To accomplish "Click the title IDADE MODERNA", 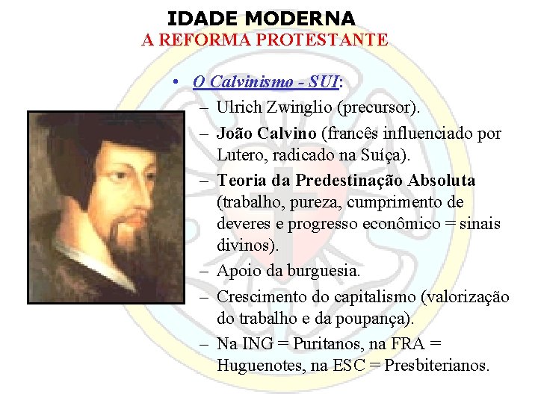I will click(x=261, y=17).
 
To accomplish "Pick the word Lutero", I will click(x=240, y=155).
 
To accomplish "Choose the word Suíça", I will click(x=372, y=155).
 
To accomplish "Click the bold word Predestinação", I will click(x=363, y=181).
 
